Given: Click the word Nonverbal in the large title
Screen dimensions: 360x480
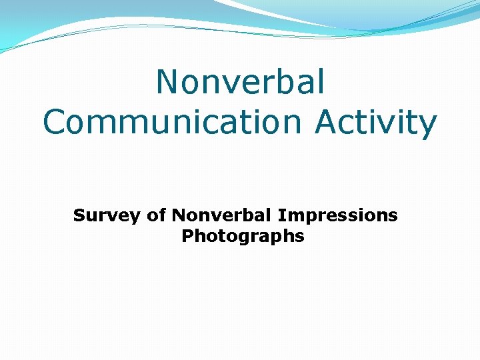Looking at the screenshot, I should [241, 82].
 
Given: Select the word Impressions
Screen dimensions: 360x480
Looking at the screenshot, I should [337, 216].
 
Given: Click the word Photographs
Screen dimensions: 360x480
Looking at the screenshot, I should [243, 237].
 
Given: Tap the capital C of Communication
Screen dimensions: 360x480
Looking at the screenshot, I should [57, 122].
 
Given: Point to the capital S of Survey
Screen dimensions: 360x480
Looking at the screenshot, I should [79, 215].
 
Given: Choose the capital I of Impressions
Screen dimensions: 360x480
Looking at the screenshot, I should [281, 215].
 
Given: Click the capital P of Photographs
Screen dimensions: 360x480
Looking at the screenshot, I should [187, 236].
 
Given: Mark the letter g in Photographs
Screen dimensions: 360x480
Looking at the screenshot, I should [239, 239].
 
